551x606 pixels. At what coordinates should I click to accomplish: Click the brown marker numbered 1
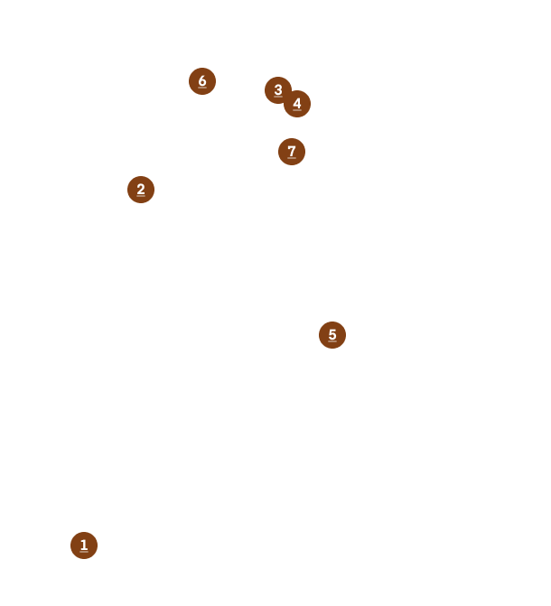pos(84,545)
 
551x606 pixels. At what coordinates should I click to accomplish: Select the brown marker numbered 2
pos(141,190)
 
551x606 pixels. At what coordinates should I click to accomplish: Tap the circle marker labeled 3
pos(278,90)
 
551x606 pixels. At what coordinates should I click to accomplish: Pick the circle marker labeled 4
pos(297,104)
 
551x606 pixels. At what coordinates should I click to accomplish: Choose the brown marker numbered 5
pos(332,335)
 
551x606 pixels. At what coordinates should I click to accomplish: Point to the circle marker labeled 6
pos(202,81)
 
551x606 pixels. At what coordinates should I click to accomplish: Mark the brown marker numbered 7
pos(292,152)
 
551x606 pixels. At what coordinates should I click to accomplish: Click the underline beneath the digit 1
pos(84,552)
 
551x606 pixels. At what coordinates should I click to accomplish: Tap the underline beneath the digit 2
pos(141,196)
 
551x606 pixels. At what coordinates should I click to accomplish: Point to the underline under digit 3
pos(278,97)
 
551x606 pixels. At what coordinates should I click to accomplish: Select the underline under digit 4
pos(297,110)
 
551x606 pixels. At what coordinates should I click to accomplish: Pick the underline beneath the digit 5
pos(332,341)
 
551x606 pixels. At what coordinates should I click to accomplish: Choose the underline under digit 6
pos(202,88)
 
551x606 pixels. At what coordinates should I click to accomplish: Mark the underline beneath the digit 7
pos(292,158)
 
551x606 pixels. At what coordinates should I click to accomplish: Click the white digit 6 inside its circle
pos(202,80)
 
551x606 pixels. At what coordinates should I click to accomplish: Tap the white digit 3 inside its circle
pos(278,89)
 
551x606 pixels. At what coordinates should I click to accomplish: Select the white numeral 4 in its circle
pos(297,103)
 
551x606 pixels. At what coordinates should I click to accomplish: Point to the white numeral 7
pos(292,151)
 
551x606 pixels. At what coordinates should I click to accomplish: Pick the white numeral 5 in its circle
pos(332,334)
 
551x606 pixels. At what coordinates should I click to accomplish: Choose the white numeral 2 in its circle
pos(141,189)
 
